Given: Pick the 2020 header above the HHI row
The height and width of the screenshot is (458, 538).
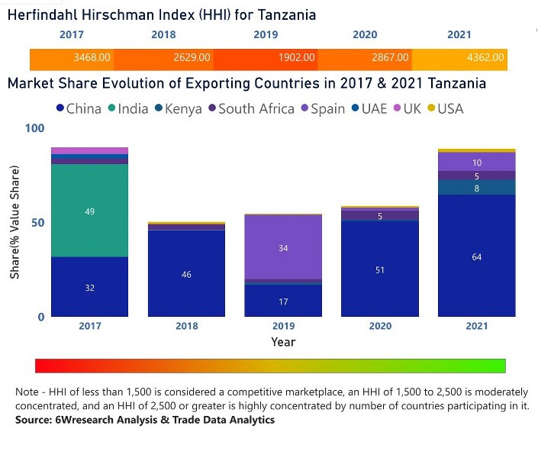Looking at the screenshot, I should (365, 35).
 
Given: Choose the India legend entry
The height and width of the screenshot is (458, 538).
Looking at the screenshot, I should (126, 108).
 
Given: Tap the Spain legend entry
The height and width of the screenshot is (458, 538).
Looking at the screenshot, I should (321, 108).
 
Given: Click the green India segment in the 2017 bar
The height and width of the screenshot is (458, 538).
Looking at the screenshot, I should (90, 211).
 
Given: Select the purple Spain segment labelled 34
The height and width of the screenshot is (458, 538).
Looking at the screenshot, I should (283, 247).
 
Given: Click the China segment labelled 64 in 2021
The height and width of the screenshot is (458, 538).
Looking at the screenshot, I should (476, 256).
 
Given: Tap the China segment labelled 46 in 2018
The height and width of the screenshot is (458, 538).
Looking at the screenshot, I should (186, 273).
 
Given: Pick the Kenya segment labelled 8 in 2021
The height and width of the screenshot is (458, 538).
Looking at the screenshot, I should (476, 188).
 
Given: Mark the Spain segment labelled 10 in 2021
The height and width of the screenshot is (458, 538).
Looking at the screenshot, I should (476, 162).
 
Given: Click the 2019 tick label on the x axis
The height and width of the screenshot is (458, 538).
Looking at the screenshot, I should (283, 327).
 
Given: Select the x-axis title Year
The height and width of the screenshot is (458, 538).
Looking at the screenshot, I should (283, 342).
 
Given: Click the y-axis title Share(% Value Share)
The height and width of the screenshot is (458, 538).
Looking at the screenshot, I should (14, 222).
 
